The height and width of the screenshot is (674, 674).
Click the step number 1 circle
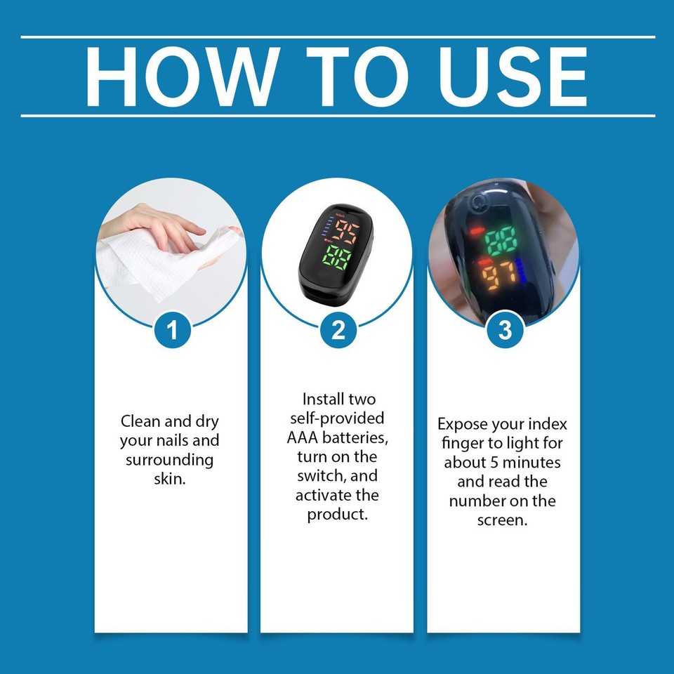[171, 329]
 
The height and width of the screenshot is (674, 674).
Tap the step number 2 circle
[338, 329]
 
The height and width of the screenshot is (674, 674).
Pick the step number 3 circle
[505, 329]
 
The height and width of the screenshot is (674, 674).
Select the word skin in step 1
[169, 480]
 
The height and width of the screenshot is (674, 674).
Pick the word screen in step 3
[503, 520]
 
